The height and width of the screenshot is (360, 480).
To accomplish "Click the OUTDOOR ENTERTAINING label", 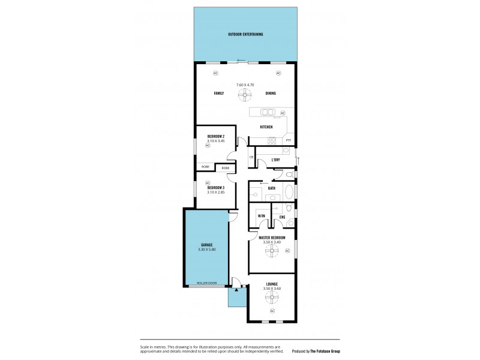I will pyautogui.click(x=245, y=34).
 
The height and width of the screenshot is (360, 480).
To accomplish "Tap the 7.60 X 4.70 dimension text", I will pyautogui.click(x=245, y=85).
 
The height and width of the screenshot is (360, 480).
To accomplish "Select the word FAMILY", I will pyautogui.click(x=219, y=94).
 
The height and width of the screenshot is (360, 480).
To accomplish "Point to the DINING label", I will pyautogui.click(x=271, y=94).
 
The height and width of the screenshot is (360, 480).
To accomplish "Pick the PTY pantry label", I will pyautogui.click(x=289, y=141).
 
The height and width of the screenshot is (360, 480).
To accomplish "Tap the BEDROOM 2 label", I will pyautogui.click(x=216, y=136).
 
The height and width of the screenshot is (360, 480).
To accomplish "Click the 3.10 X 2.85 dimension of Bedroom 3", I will pyautogui.click(x=215, y=192).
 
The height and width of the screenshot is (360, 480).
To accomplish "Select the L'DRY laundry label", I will pyautogui.click(x=275, y=160).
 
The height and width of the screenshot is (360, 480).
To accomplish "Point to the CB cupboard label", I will pyautogui.click(x=251, y=157).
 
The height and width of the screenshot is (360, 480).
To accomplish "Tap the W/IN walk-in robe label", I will pyautogui.click(x=261, y=215).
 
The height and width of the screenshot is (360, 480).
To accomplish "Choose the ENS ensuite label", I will pyautogui.click(x=282, y=216).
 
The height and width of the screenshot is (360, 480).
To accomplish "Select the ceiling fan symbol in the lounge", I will pyautogui.click(x=272, y=296).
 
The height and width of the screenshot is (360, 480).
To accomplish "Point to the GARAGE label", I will pyautogui.click(x=206, y=245).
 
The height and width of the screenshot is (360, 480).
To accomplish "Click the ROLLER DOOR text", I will pyautogui.click(x=206, y=283).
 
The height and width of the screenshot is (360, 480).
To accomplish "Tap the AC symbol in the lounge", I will pyautogui.click(x=272, y=311).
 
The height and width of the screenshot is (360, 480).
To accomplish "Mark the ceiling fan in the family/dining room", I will pyautogui.click(x=245, y=94).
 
